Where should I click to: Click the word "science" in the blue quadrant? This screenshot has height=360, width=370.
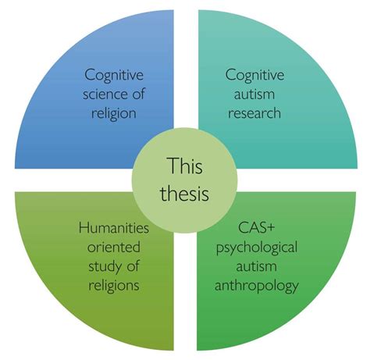(105, 94)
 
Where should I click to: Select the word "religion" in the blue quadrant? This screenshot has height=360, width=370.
(114, 114)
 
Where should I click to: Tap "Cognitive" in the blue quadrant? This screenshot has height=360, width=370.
(114, 75)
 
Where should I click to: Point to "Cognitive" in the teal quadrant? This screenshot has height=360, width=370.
(254, 75)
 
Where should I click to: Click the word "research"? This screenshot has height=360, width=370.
(254, 113)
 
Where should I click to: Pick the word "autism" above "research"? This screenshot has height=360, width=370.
(254, 94)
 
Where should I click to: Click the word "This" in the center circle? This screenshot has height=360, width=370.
(185, 166)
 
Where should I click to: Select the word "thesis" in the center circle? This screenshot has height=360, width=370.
(185, 194)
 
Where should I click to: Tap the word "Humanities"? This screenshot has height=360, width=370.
(114, 228)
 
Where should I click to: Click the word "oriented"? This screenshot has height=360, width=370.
(114, 247)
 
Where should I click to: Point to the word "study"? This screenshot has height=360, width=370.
(104, 267)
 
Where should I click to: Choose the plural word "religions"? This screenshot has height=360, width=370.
(114, 286)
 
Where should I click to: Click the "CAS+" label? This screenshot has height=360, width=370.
(257, 228)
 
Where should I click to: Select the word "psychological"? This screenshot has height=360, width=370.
(257, 248)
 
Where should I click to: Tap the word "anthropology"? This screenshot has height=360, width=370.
(257, 287)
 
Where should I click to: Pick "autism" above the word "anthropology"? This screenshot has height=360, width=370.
(256, 266)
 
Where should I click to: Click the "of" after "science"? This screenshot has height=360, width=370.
(138, 94)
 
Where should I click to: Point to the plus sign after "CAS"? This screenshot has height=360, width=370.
(270, 228)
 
